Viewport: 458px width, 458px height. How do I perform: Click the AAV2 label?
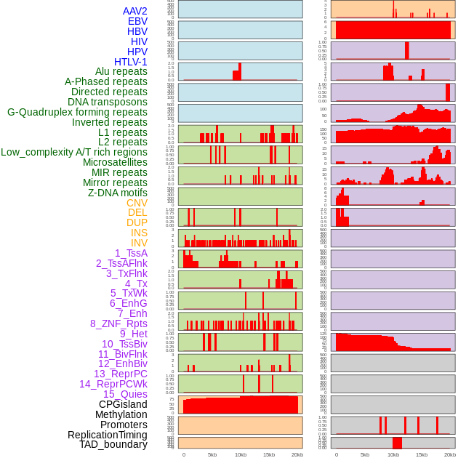pyautogui.click(x=135, y=11)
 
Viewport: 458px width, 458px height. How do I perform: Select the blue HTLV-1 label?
pyautogui.click(x=131, y=62)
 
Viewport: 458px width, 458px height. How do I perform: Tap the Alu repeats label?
pyautogui.click(x=121, y=71)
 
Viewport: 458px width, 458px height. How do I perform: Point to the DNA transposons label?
pyautogui.click(x=108, y=102)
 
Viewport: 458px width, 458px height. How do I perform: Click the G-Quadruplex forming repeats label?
pyautogui.click(x=77, y=112)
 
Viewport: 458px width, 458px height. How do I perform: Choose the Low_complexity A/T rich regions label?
pyautogui.click(x=74, y=152)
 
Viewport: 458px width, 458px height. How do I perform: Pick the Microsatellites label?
pyautogui.click(x=115, y=162)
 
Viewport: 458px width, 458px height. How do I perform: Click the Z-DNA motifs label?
pyautogui.click(x=118, y=193)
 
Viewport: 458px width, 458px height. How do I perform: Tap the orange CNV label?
pyautogui.click(x=137, y=203)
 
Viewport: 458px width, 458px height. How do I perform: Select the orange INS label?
pyautogui.click(x=139, y=233)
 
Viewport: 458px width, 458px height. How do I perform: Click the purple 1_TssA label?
pyautogui.click(x=131, y=253)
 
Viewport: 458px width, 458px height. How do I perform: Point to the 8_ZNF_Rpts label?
pyautogui.click(x=118, y=324)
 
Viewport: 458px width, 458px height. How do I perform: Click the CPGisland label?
pyautogui.click(x=123, y=404)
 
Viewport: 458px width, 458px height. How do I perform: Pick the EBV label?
pyautogui.click(x=137, y=21)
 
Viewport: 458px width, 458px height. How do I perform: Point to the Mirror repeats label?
pyautogui.click(x=115, y=182)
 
